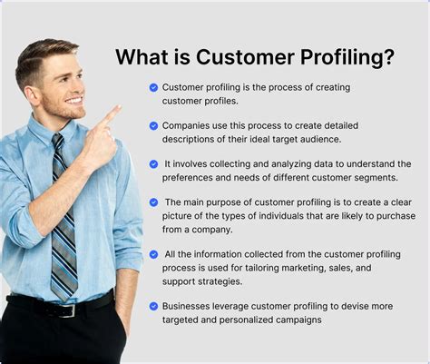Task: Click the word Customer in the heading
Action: pyautogui.click(x=239, y=58)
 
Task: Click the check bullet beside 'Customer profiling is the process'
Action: pyautogui.click(x=154, y=87)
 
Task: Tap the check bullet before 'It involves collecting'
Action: pyautogui.click(x=154, y=163)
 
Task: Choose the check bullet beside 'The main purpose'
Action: pyautogui.click(x=154, y=202)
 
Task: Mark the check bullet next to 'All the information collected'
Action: pyautogui.click(x=154, y=254)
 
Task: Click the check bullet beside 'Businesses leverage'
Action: pyautogui.click(x=154, y=306)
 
